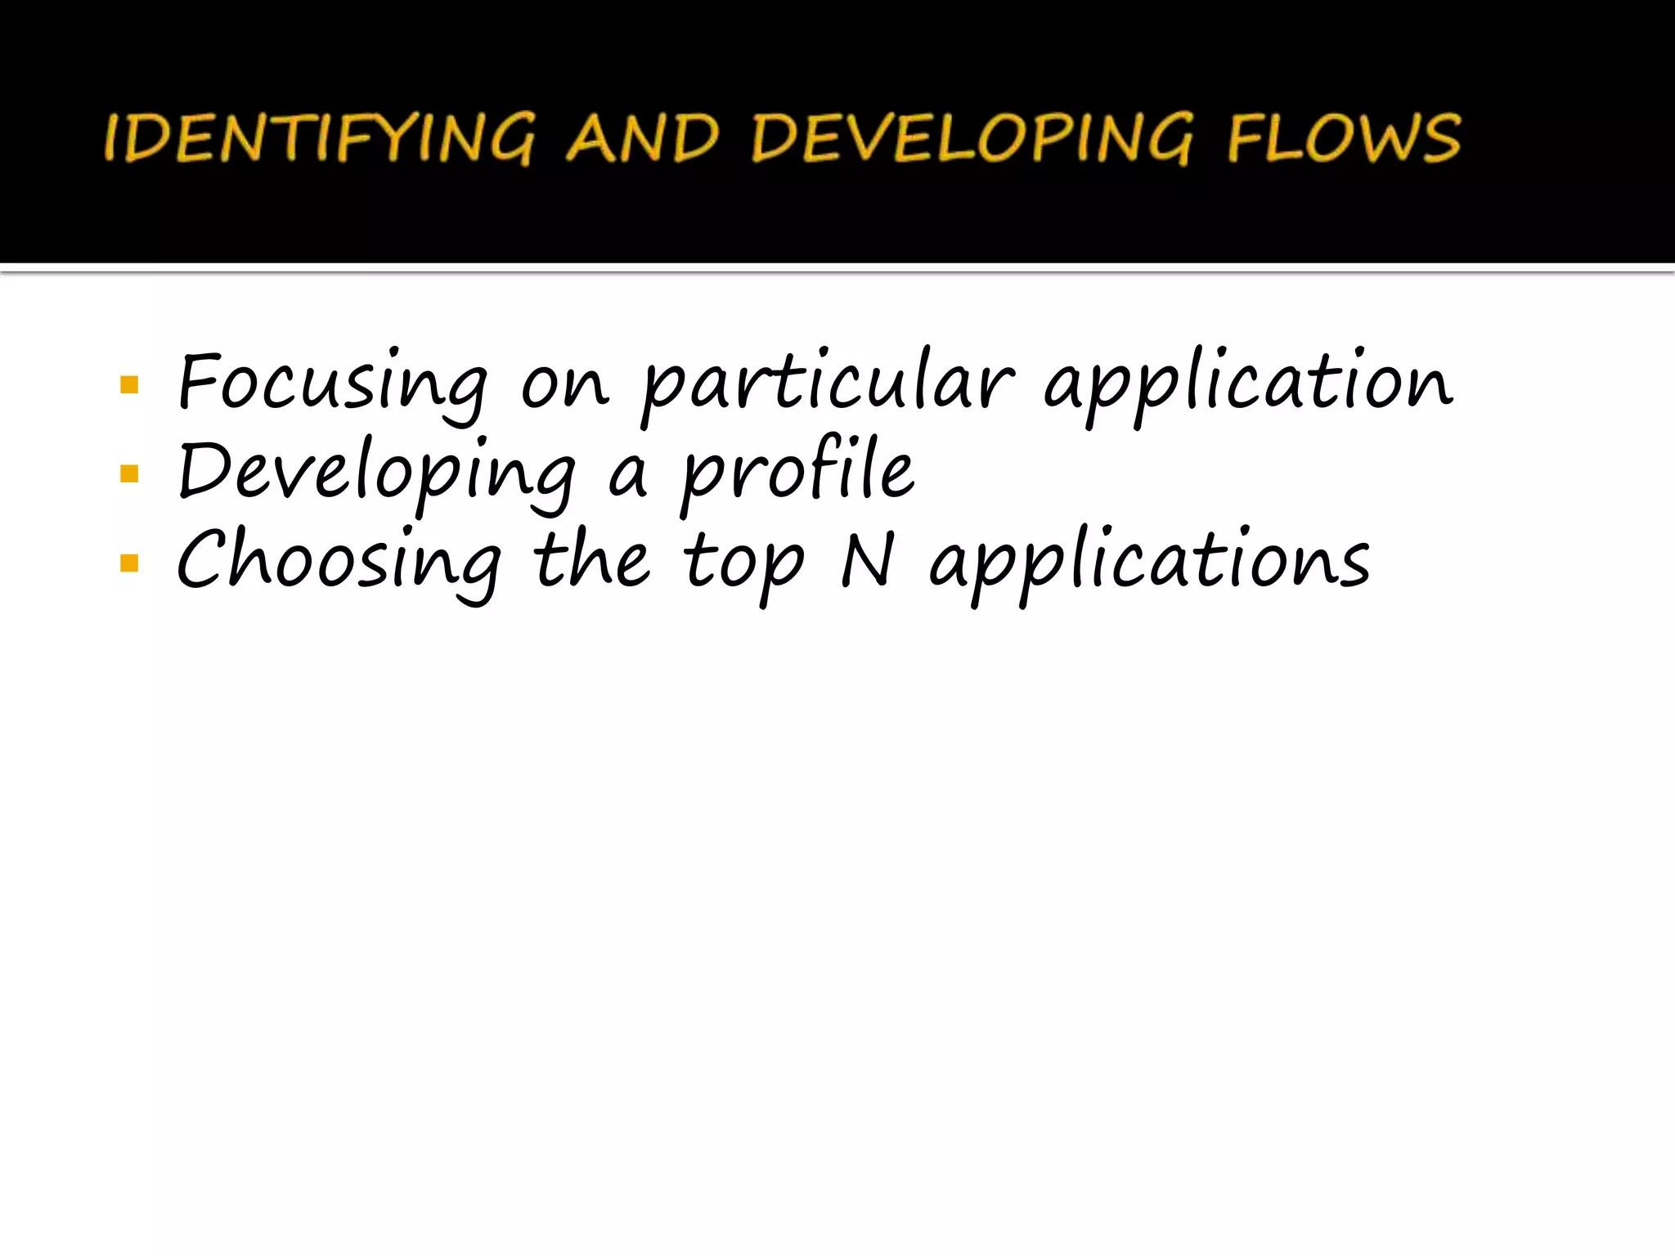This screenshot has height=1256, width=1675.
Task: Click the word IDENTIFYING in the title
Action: pyautogui.click(x=320, y=138)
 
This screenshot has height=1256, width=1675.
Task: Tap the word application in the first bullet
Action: pyautogui.click(x=1248, y=384)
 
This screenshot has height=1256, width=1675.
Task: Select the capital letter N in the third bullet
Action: pyautogui.click(x=868, y=561)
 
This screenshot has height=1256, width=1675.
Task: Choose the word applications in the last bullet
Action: pyautogui.click(x=1150, y=564)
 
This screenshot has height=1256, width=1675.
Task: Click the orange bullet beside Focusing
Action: pyautogui.click(x=129, y=384)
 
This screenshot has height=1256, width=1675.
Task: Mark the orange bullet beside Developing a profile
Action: pyautogui.click(x=129, y=473)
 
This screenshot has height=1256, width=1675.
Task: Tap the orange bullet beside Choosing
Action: pyautogui.click(x=129, y=563)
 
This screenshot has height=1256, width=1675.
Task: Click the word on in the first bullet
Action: pyautogui.click(x=565, y=385)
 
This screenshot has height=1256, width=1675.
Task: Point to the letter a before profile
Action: pyautogui.click(x=627, y=478)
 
